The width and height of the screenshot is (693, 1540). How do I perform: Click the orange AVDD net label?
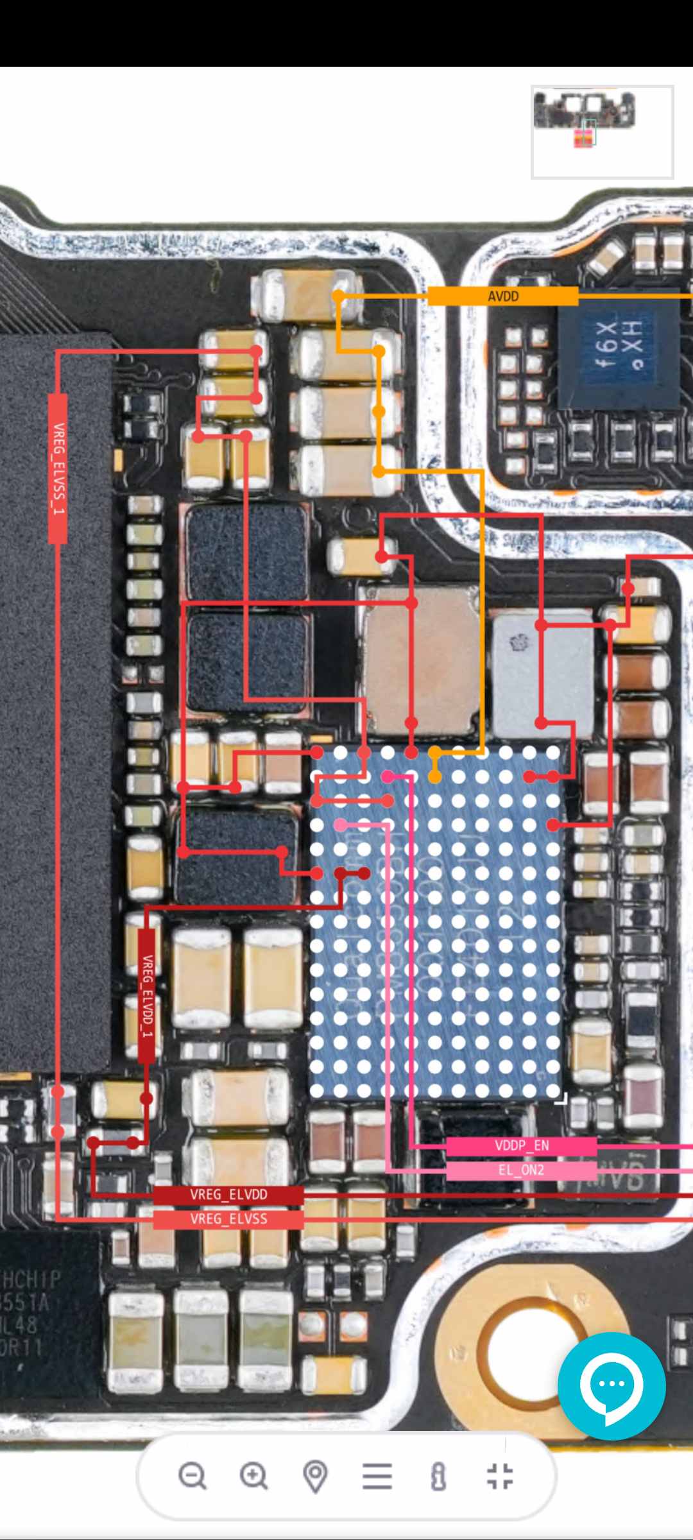503,296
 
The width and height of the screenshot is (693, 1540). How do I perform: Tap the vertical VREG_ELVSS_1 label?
58,468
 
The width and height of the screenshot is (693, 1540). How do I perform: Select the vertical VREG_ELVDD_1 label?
147,995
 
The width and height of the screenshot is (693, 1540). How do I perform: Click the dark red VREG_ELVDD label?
228,1195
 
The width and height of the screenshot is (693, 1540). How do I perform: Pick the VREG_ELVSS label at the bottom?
228,1219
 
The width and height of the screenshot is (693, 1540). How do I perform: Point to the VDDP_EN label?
521,1146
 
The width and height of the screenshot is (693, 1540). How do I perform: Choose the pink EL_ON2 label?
521,1170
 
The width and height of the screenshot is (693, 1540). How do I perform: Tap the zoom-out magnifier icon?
192,1476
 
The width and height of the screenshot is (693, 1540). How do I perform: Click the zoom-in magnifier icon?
253,1476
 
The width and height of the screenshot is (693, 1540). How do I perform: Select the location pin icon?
315,1476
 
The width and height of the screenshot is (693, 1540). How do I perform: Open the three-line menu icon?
377,1476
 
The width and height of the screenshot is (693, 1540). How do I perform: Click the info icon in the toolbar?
439,1476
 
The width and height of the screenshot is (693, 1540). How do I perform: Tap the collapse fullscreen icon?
500,1476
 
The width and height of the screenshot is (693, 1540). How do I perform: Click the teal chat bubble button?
612,1385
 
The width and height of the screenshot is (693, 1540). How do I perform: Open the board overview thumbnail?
602,132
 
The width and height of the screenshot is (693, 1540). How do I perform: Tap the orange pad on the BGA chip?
434,777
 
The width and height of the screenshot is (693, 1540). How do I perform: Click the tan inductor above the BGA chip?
421,661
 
